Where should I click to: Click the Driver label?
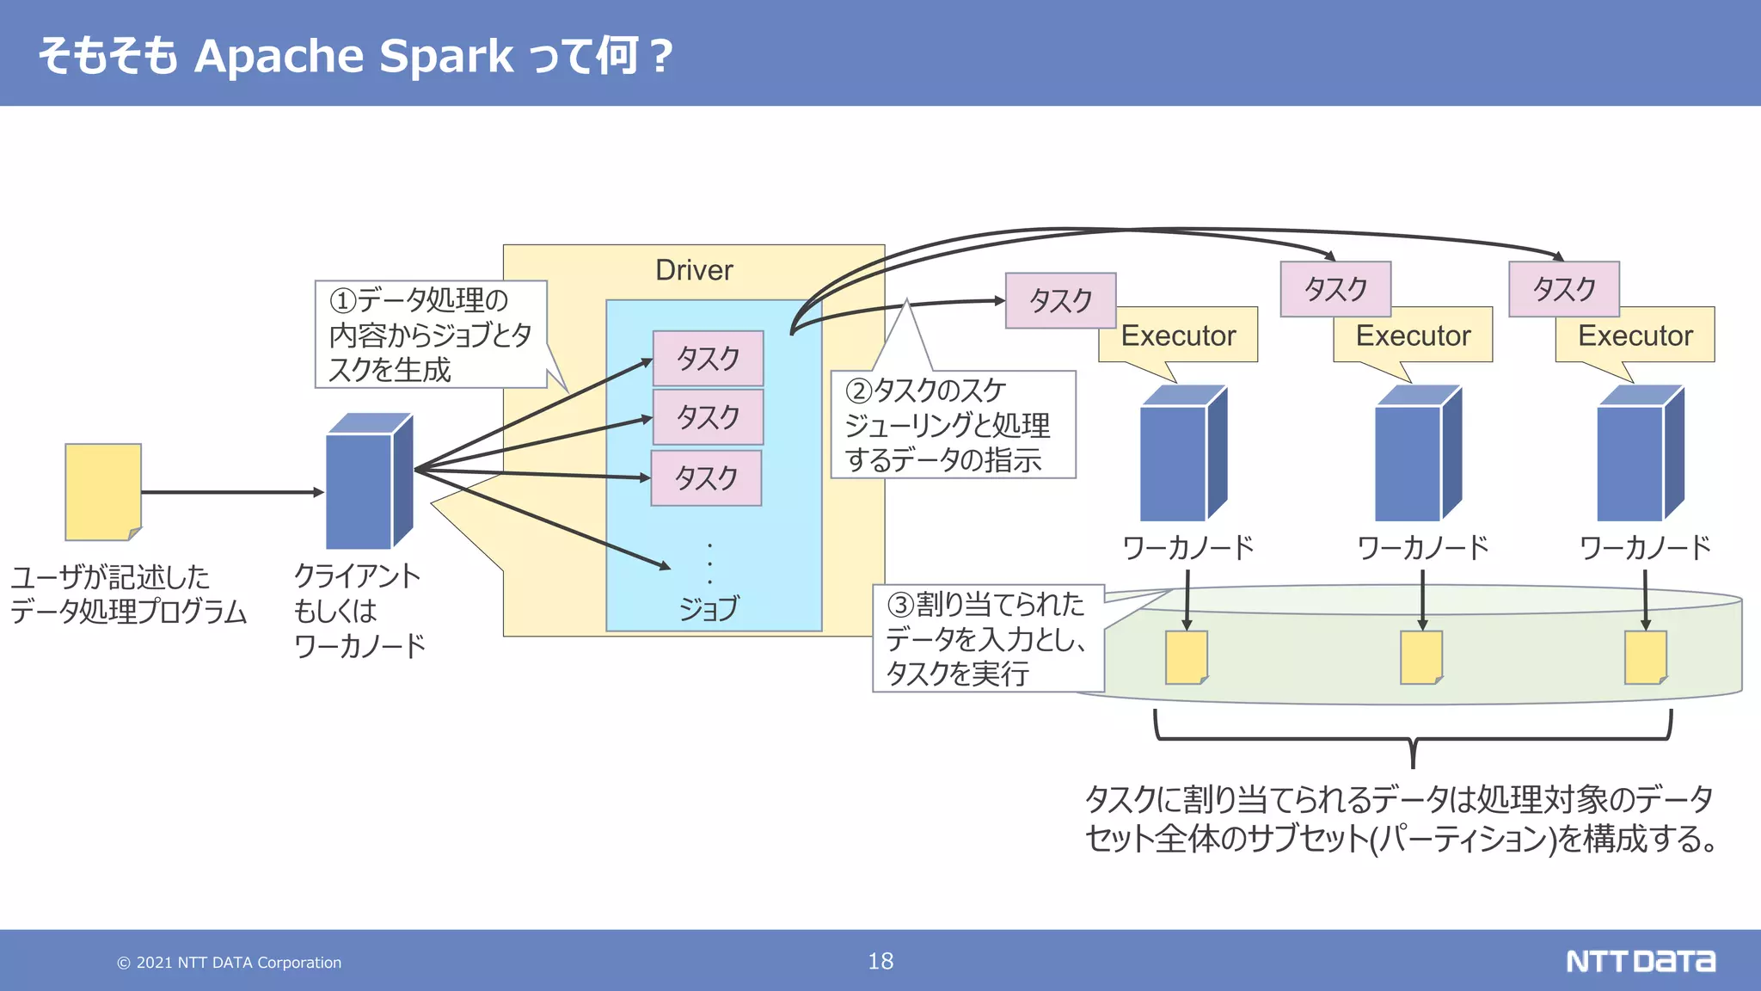click(694, 270)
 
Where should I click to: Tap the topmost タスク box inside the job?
click(708, 358)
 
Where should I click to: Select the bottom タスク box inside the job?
click(706, 477)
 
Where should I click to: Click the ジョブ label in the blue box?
click(709, 608)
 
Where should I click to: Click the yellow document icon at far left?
click(103, 491)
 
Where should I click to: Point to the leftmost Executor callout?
click(1178, 335)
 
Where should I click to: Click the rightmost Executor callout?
click(1635, 335)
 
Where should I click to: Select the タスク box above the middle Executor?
click(1335, 289)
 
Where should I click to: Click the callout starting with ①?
click(431, 335)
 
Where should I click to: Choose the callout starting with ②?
click(953, 425)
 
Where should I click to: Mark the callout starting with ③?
click(987, 638)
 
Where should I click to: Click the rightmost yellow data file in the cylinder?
click(1645, 657)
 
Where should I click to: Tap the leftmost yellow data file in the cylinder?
click(1187, 657)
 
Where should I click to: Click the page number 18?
click(880, 961)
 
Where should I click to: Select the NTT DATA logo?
click(1640, 961)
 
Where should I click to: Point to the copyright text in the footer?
click(230, 963)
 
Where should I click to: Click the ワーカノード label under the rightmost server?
click(1644, 547)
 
